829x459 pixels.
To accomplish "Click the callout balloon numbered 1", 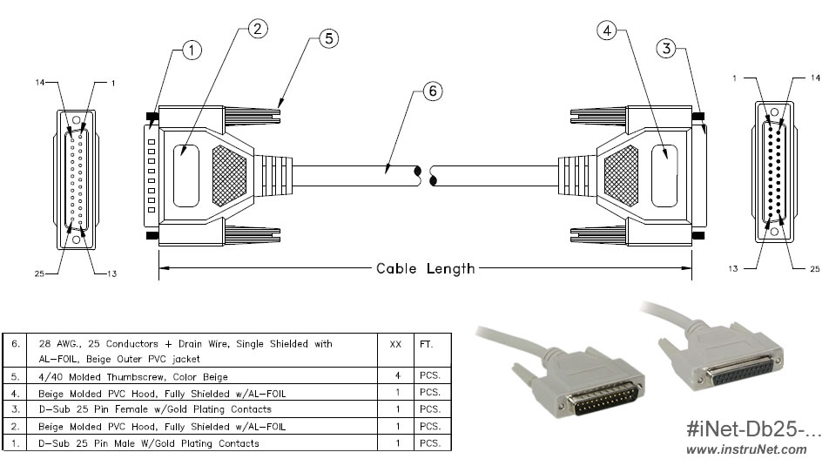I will (192, 51).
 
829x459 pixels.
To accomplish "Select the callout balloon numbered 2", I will (255, 29).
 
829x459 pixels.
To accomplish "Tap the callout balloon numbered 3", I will (667, 49).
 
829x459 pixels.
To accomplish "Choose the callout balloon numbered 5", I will (327, 38).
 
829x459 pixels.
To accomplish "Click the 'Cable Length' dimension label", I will (425, 268).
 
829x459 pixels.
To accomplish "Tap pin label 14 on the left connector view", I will (40, 83).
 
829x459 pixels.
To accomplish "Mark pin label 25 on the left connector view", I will (39, 273).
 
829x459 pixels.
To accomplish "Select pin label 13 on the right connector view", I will (738, 269).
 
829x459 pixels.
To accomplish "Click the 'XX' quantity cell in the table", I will (394, 344).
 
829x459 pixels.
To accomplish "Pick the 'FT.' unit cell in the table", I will (428, 344).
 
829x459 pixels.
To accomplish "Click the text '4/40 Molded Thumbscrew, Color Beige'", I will (128, 377).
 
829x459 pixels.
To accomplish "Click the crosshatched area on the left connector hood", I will (230, 174).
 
